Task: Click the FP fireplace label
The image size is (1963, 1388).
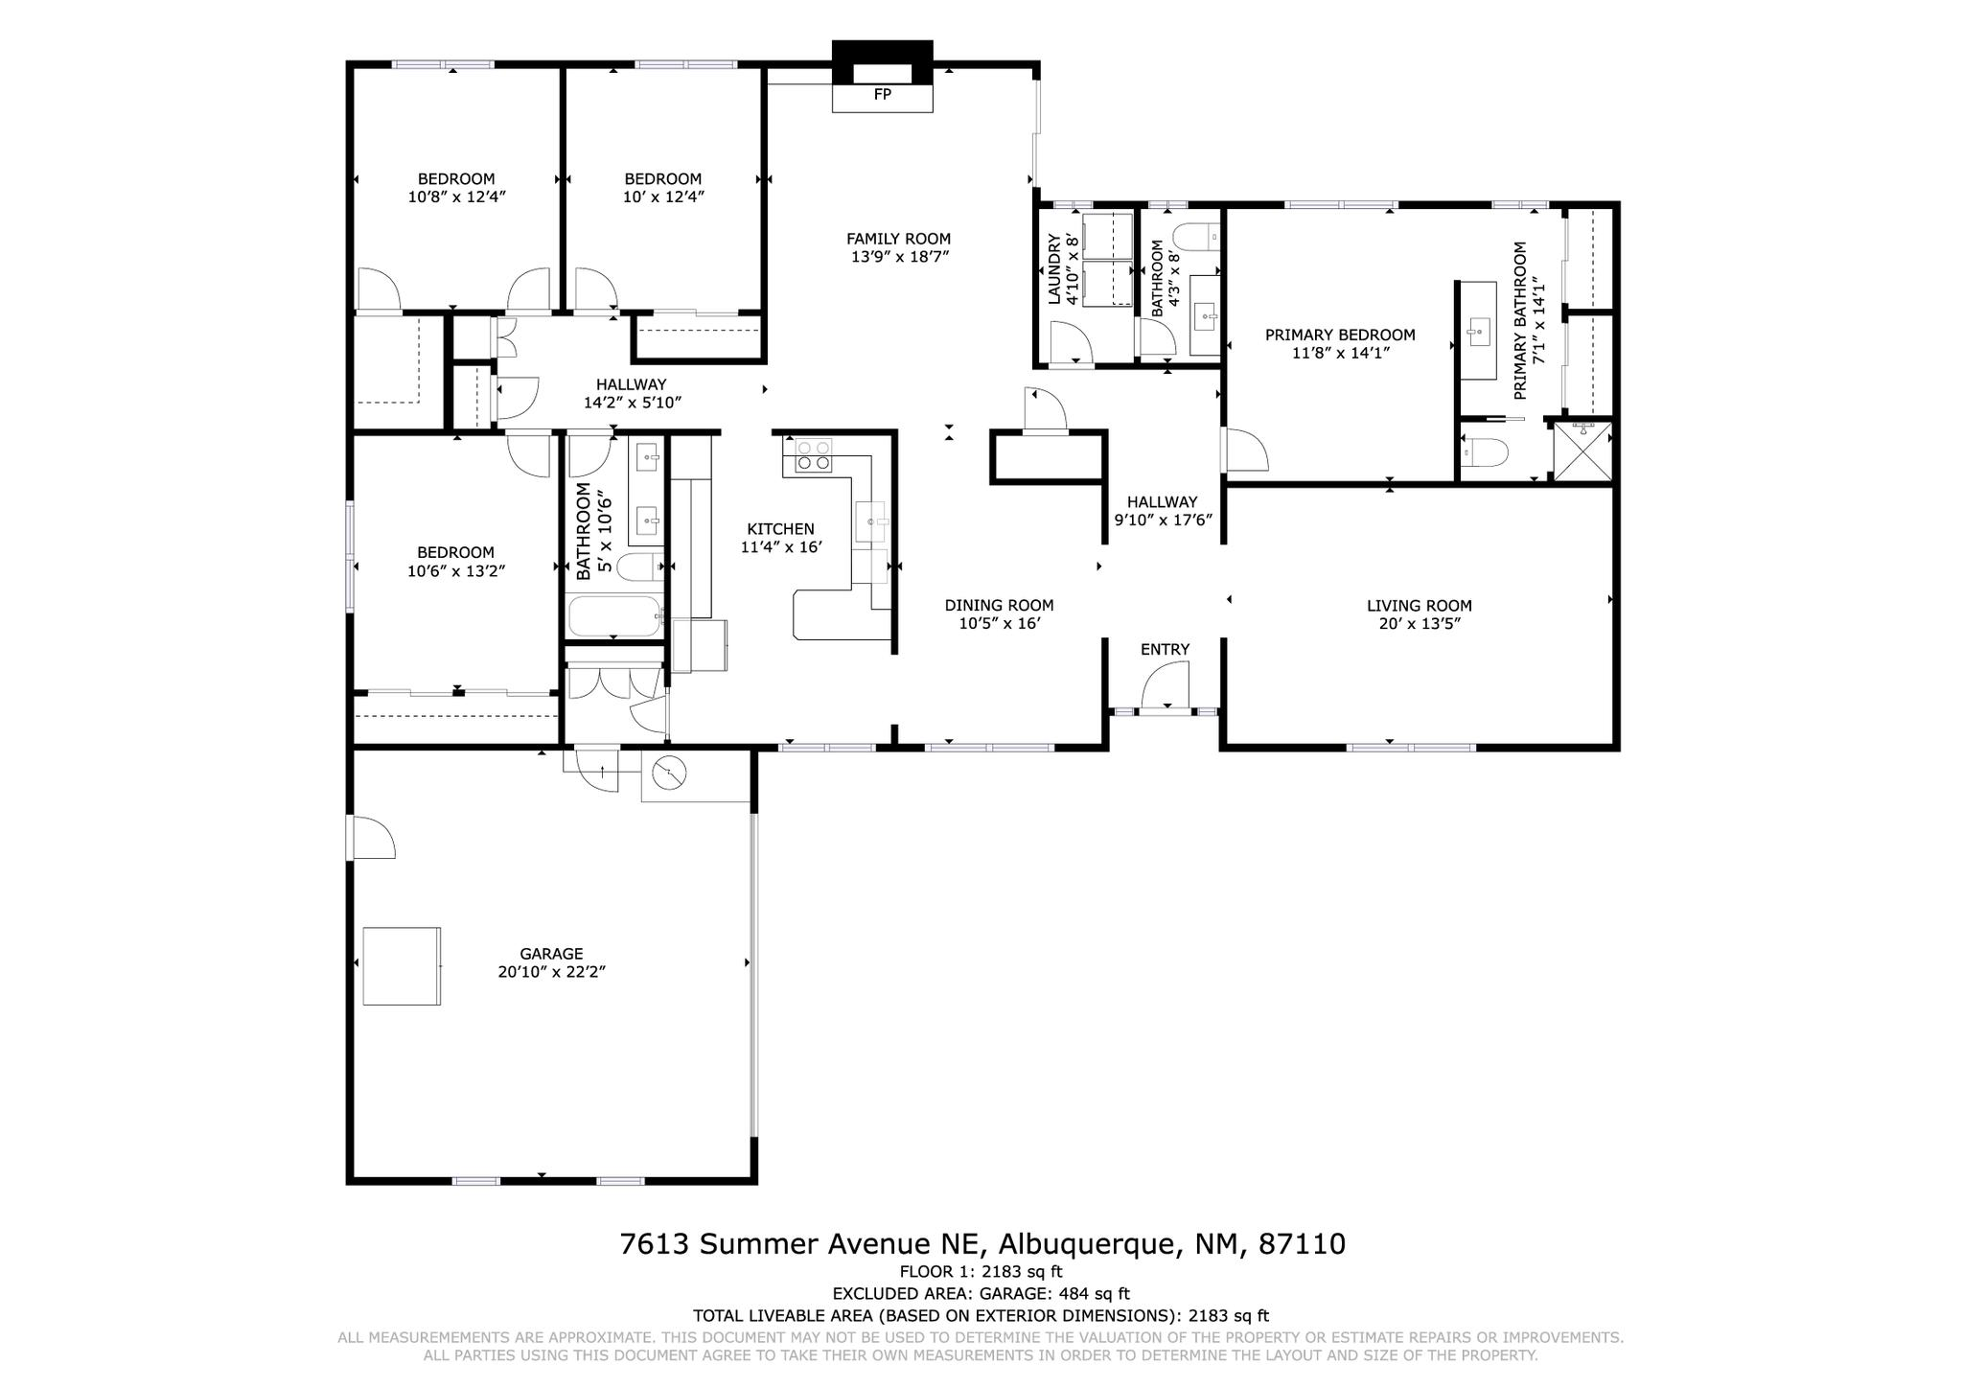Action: click(x=882, y=95)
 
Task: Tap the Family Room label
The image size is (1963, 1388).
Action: click(x=898, y=239)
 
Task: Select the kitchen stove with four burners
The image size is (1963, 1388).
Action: click(x=811, y=455)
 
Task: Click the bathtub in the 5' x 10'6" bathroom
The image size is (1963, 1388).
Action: click(x=613, y=616)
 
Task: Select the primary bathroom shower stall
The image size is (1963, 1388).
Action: click(x=1582, y=451)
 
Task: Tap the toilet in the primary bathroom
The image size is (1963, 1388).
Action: click(x=1485, y=451)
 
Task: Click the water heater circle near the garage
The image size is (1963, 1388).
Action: click(x=669, y=773)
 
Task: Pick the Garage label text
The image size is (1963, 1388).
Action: click(x=551, y=954)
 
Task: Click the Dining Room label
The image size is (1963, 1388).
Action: click(x=999, y=605)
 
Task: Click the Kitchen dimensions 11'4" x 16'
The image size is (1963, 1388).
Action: click(x=781, y=547)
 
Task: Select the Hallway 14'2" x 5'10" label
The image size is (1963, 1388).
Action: click(x=632, y=393)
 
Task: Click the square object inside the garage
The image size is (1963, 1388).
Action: click(x=402, y=966)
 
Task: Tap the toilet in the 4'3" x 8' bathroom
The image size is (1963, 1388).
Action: click(x=1197, y=236)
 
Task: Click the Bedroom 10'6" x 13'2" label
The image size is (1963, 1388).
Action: click(x=455, y=562)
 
